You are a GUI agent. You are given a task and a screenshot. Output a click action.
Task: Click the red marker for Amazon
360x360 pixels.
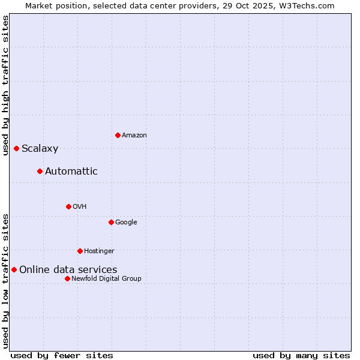[118, 135]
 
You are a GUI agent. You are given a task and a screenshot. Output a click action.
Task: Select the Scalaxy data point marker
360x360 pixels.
[16, 148]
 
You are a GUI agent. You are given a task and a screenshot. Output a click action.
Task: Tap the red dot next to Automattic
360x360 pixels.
[40, 171]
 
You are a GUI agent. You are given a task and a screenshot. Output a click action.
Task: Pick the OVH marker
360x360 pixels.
[68, 206]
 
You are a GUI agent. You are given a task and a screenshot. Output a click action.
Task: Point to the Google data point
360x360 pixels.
[111, 222]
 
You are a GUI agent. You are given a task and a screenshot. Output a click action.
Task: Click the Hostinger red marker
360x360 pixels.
[80, 251]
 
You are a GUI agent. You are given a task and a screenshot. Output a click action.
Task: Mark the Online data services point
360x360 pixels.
[14, 269]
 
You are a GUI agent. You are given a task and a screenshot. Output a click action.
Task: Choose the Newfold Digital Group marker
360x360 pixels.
[67, 278]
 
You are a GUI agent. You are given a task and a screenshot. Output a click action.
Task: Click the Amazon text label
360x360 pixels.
[134, 136]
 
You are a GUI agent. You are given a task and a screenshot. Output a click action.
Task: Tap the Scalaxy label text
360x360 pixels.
[40, 149]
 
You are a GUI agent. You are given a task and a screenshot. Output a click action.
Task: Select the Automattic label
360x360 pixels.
[71, 172]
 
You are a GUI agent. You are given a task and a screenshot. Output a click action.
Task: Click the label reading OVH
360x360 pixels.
[80, 207]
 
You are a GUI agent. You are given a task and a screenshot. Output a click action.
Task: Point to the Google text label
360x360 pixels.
[126, 223]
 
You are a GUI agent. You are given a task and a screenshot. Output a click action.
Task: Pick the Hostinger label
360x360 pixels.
[99, 251]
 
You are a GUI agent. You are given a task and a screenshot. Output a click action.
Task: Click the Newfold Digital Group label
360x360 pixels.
[106, 279]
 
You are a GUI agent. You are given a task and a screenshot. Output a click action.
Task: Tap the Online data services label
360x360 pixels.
[68, 270]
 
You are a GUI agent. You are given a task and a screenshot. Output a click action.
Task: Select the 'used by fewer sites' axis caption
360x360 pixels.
[62, 355]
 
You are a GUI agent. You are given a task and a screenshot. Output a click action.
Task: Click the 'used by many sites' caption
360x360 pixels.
[301, 355]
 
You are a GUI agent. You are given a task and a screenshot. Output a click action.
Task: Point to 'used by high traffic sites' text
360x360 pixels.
[5, 85]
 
